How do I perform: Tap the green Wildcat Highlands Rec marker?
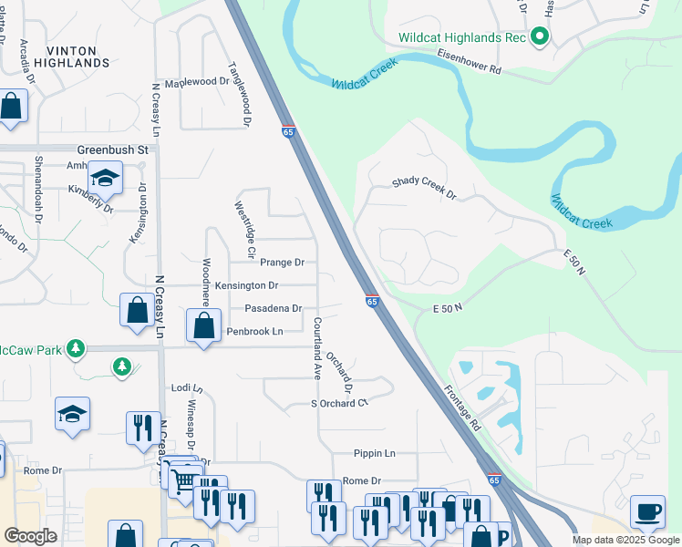tap(539, 37)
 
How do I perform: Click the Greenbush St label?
tap(112, 149)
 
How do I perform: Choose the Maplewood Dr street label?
tap(197, 81)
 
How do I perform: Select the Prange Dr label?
tap(281, 263)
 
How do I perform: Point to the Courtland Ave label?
tap(318, 348)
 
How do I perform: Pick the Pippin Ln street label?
tap(375, 453)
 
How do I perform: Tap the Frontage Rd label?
tap(463, 407)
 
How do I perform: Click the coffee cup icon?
tap(648, 511)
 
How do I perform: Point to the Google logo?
tap(30, 536)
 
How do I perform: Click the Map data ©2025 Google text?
tap(625, 540)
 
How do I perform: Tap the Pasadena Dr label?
tap(273, 309)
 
